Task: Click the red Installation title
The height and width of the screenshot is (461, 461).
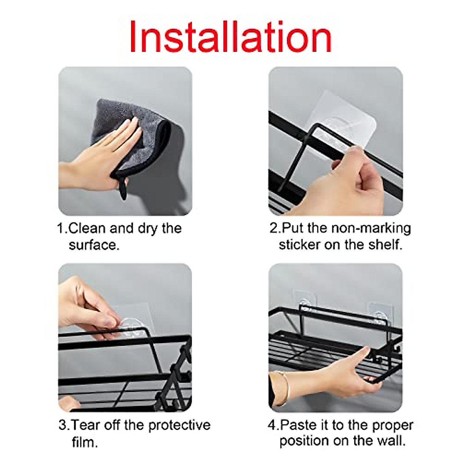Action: click(x=230, y=36)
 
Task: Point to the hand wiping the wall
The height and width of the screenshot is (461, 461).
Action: click(x=104, y=150)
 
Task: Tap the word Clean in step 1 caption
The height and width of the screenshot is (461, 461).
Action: click(x=87, y=228)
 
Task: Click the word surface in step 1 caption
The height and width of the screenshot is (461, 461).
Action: click(x=94, y=245)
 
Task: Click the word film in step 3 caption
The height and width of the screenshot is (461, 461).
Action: click(x=85, y=442)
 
